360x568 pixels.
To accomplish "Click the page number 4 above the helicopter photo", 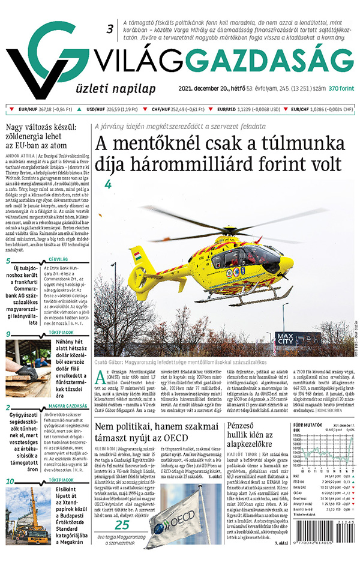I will click(109, 184).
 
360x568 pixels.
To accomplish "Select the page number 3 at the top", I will click(110, 29).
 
